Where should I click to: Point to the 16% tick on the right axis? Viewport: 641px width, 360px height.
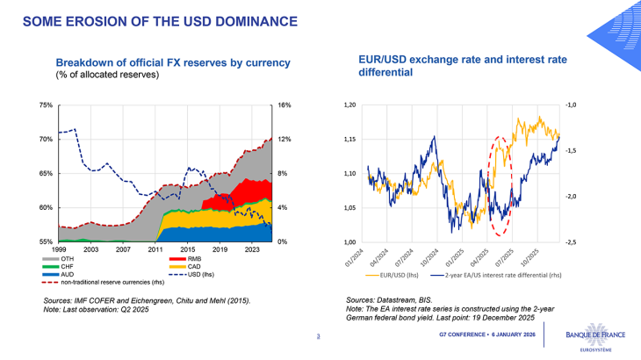[284, 105]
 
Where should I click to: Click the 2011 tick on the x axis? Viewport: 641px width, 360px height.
[155, 250]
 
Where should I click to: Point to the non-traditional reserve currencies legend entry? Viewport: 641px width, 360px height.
[122, 283]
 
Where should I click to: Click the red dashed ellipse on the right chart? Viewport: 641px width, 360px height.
[486, 186]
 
